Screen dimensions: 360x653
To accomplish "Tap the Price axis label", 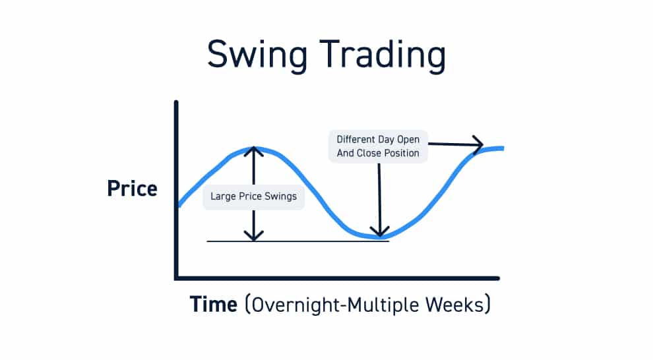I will [132, 189].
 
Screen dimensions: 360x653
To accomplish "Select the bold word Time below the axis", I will [213, 305].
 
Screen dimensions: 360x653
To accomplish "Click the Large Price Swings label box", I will [253, 196].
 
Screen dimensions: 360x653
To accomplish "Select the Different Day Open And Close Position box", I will [378, 146].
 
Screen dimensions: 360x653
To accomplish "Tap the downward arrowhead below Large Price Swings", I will [253, 236].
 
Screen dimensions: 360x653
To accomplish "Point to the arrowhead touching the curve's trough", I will [379, 232].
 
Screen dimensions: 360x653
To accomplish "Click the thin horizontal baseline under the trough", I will [297, 241].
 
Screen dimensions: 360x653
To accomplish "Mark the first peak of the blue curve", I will [253, 148].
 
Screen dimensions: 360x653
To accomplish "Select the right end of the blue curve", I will [503, 148].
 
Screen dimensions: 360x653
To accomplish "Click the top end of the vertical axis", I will [177, 103].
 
